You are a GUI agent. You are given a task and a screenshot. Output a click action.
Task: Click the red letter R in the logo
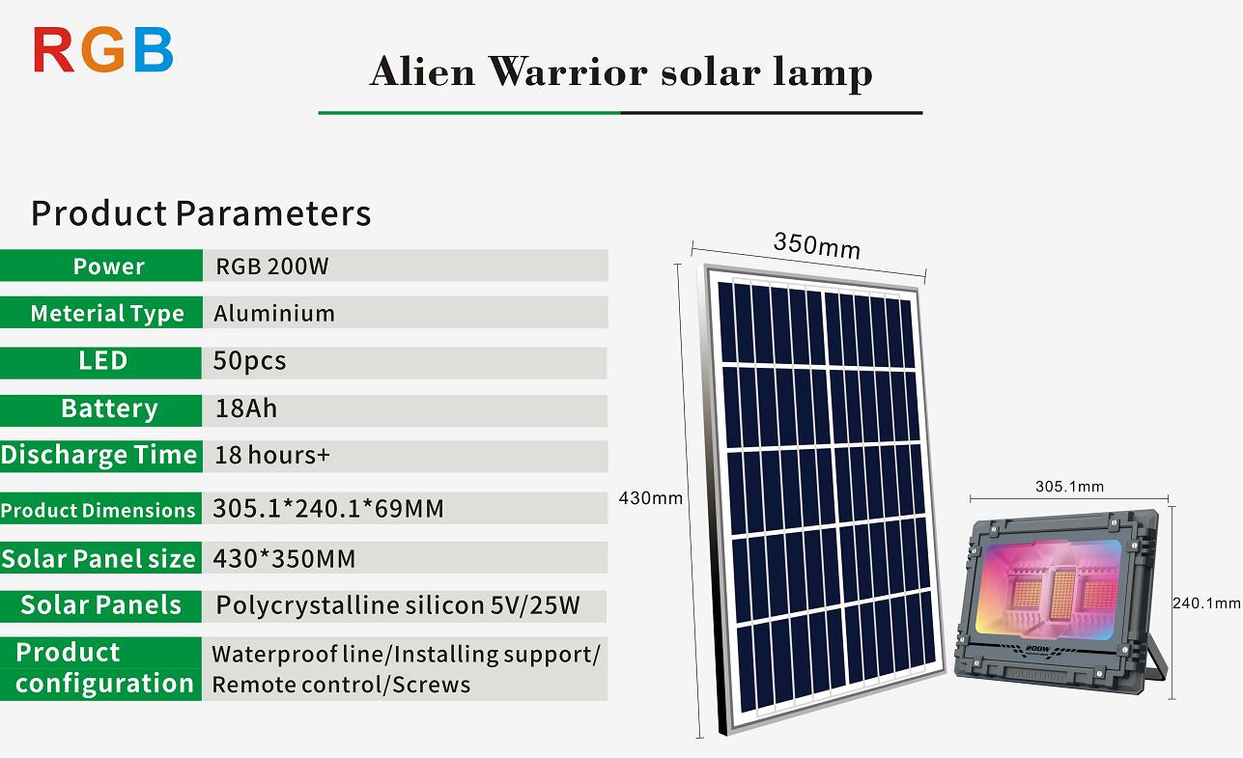coord(53,50)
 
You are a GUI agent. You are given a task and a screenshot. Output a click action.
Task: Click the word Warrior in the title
coord(568,72)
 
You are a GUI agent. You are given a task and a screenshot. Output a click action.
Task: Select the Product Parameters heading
coord(201,213)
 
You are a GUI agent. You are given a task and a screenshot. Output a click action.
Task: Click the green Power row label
coord(101,266)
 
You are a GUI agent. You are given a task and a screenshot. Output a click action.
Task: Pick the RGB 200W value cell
coord(406,266)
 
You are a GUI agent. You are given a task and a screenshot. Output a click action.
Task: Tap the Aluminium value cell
coord(406,313)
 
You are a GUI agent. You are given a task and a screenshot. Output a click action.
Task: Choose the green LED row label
coord(100,363)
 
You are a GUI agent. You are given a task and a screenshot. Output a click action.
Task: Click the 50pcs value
coord(250,361)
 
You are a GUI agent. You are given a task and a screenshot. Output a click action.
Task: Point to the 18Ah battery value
coord(246,408)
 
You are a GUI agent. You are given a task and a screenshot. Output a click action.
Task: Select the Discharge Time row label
coord(101,456)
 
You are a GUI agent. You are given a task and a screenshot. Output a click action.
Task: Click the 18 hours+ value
coord(272,455)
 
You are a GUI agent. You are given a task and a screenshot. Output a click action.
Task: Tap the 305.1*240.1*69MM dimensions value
coord(328,508)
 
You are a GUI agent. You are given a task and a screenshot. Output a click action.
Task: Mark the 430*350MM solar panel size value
coord(284,559)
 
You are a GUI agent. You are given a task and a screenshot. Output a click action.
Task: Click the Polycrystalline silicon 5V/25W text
coord(398,605)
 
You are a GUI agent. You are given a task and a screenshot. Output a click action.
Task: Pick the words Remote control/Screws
coord(341,685)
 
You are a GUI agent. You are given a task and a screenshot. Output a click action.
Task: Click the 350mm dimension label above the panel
coord(817,246)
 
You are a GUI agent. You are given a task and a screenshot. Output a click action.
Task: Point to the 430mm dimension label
coord(650,498)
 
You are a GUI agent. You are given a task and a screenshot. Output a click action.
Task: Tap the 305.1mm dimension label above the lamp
coord(1069,487)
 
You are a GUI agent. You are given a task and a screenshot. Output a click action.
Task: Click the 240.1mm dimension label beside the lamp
coord(1206,604)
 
